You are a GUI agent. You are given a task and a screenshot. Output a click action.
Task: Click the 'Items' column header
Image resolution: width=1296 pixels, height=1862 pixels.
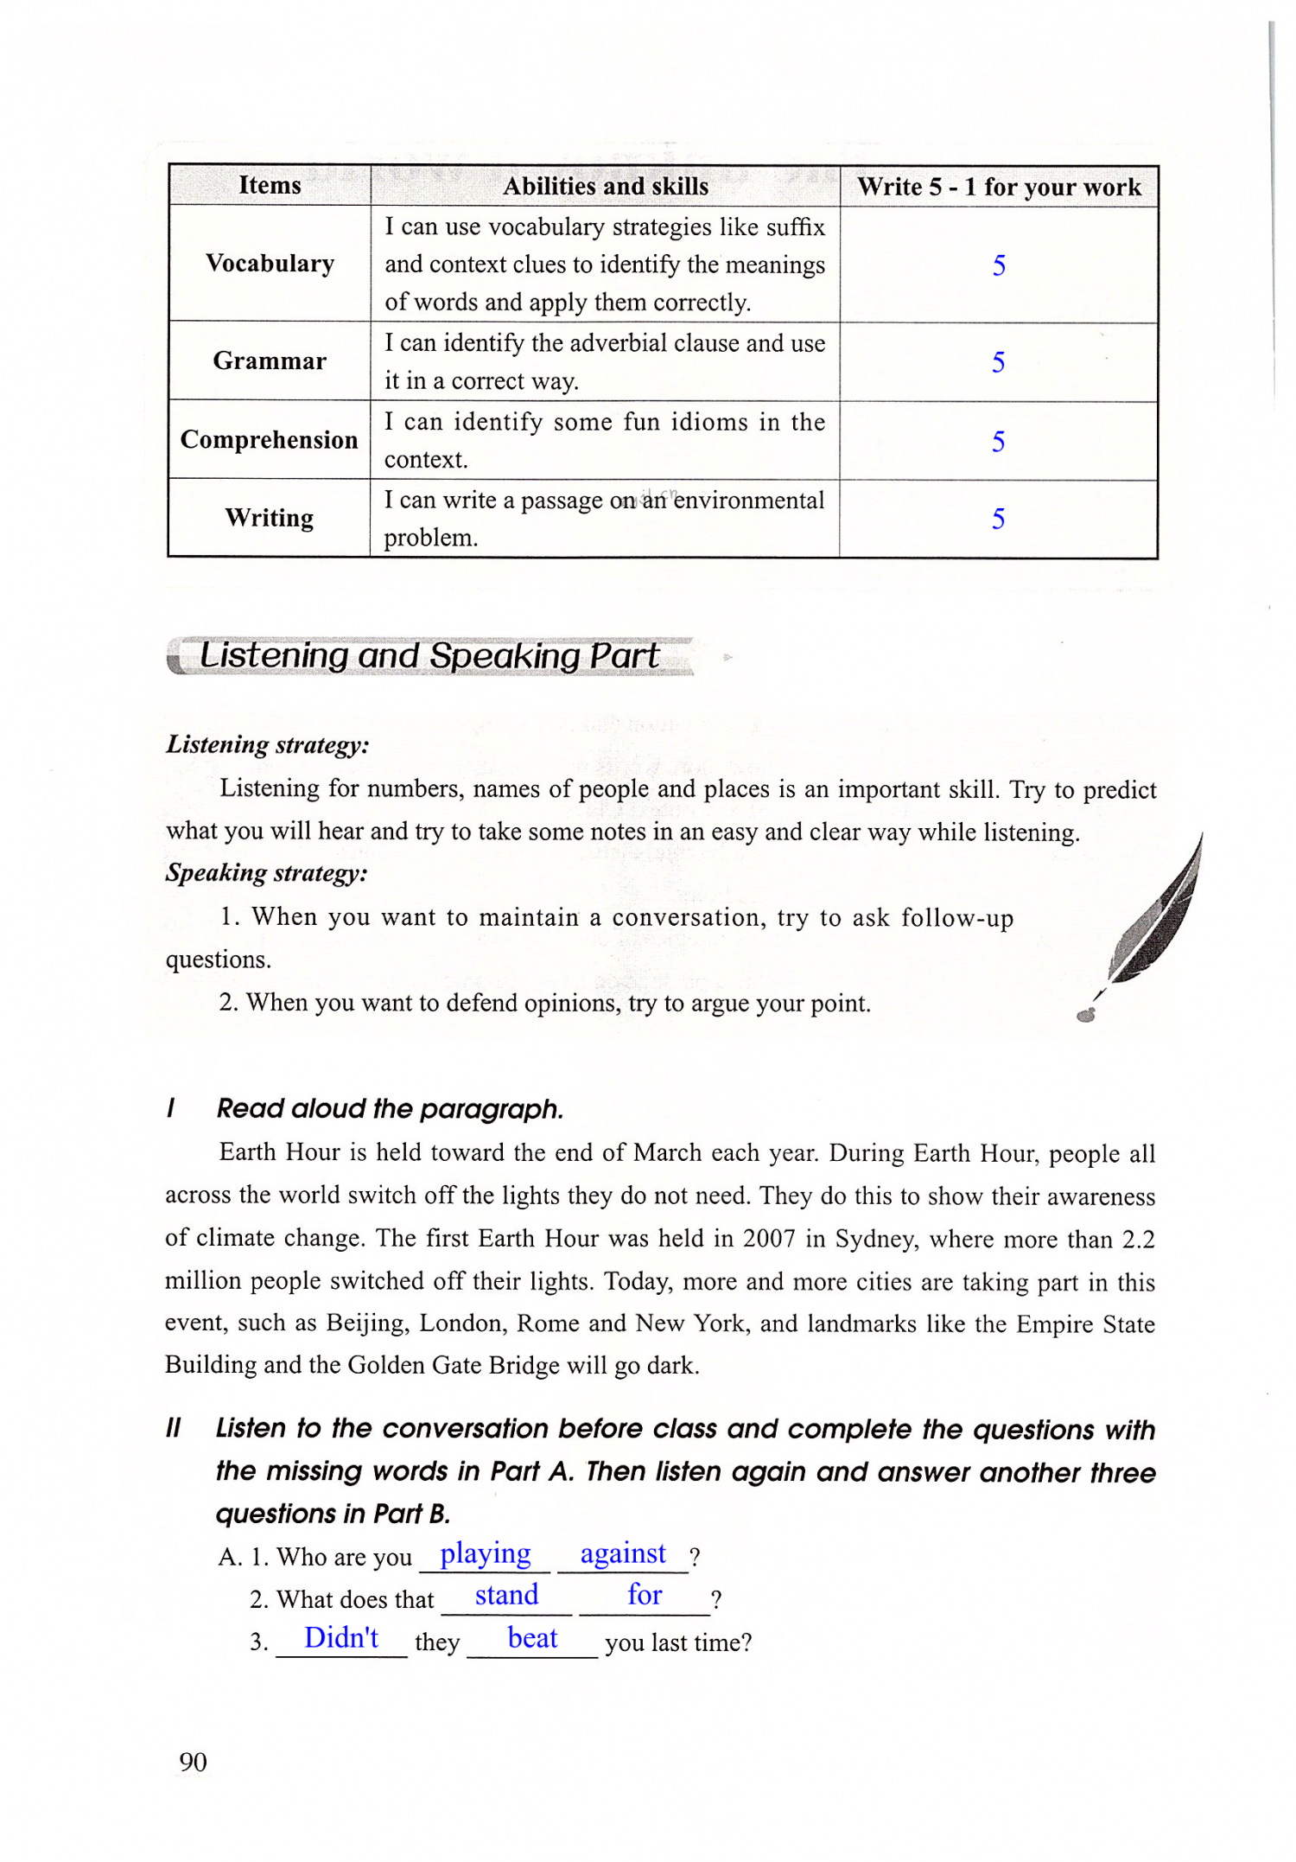pyautogui.click(x=270, y=185)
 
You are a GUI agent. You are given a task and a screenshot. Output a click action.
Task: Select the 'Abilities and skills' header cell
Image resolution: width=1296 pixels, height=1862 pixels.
pyautogui.click(x=606, y=186)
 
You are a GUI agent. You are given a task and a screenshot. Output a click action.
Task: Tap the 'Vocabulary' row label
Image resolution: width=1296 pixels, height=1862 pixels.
pyautogui.click(x=270, y=264)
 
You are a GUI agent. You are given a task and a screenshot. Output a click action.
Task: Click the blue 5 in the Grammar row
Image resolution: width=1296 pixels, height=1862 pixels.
pyautogui.click(x=998, y=362)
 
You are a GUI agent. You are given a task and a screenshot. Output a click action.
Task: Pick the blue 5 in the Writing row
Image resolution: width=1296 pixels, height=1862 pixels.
pyautogui.click(x=998, y=519)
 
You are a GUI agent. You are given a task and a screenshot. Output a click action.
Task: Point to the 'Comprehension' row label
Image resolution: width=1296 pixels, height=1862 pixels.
pyautogui.click(x=270, y=440)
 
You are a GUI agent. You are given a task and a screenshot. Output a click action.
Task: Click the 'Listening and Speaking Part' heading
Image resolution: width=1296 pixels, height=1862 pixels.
pyautogui.click(x=429, y=656)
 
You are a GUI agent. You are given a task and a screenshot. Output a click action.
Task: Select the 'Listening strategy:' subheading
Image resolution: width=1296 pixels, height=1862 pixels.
pyautogui.click(x=268, y=744)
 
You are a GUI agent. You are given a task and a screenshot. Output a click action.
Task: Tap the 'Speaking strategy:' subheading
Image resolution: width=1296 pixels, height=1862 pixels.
pyautogui.click(x=267, y=873)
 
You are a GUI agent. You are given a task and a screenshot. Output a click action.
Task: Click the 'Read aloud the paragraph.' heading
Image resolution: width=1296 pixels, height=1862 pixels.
pyautogui.click(x=390, y=1108)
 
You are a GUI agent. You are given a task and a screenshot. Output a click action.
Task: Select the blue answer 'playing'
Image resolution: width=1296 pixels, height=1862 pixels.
pyautogui.click(x=486, y=1553)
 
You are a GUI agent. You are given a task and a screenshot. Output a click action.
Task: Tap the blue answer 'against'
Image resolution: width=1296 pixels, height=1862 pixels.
pyautogui.click(x=623, y=1553)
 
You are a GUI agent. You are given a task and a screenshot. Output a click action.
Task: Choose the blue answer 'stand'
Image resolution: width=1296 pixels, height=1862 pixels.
pyautogui.click(x=506, y=1595)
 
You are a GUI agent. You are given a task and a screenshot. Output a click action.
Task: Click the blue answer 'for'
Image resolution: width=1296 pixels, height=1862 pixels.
pyautogui.click(x=645, y=1595)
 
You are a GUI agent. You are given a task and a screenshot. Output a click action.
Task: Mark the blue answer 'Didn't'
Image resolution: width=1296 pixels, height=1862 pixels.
pyautogui.click(x=341, y=1637)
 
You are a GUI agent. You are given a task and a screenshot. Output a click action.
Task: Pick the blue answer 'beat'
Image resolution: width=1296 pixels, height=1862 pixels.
pyautogui.click(x=532, y=1638)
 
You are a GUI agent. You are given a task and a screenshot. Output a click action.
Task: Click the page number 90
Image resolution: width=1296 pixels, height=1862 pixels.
pyautogui.click(x=194, y=1762)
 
